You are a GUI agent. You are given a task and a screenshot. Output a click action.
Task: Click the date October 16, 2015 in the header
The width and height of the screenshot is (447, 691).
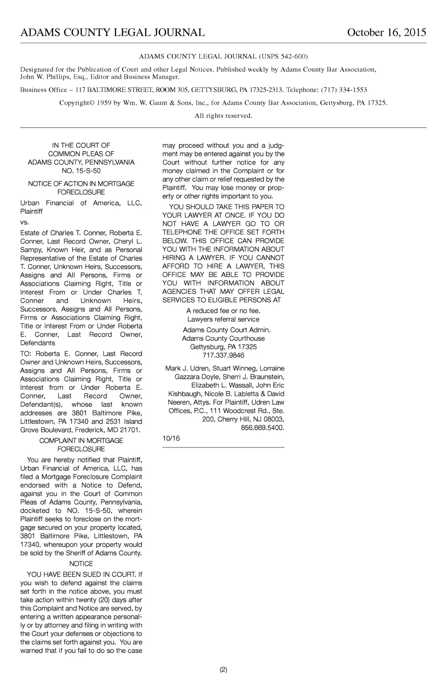(386, 33)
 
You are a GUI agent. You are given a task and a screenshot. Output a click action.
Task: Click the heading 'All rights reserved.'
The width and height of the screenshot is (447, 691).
(223, 116)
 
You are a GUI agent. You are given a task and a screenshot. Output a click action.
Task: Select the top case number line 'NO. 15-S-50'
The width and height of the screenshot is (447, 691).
(81, 171)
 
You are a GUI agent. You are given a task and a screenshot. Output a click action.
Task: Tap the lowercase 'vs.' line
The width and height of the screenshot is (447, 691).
(24, 222)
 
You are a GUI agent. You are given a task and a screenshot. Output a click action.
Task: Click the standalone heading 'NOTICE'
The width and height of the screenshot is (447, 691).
(81, 564)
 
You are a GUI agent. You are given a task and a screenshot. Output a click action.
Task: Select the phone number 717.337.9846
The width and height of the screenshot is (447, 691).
(223, 355)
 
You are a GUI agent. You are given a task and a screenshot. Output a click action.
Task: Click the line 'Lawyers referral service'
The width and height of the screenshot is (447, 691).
(223, 319)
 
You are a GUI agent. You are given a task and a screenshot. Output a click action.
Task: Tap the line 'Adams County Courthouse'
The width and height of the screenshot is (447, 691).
(223, 338)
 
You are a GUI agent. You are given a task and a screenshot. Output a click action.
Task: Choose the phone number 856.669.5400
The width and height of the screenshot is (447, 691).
(262, 428)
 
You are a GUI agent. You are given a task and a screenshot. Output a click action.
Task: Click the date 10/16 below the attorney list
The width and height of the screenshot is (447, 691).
(171, 438)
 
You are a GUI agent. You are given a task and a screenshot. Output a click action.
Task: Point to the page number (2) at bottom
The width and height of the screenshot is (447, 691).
(223, 670)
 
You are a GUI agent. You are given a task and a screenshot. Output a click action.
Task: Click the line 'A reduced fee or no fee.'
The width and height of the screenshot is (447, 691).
(223, 311)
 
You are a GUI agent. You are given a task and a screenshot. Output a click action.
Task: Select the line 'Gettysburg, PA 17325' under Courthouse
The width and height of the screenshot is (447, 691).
(223, 347)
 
